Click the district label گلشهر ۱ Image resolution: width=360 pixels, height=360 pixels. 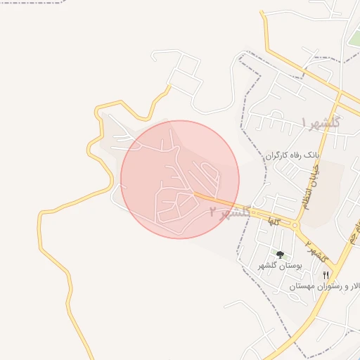pos(321,122)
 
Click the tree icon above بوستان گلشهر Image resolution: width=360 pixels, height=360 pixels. pos(280,255)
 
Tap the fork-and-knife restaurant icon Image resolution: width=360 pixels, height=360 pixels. pos(325,275)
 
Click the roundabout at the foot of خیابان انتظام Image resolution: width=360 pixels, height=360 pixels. pos(297,226)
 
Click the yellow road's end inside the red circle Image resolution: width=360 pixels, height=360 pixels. pos(196,193)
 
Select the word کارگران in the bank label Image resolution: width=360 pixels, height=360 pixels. pos(278,155)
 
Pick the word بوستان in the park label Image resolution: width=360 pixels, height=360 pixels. pos(290,266)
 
